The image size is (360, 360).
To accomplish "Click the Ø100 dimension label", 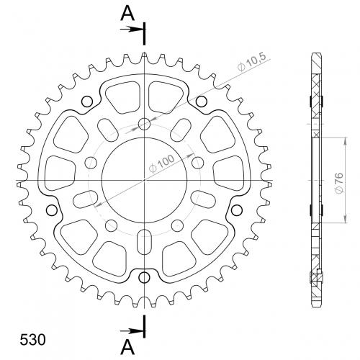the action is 161,163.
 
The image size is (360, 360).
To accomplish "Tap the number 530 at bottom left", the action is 32,340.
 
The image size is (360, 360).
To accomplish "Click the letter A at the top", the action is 127,13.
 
